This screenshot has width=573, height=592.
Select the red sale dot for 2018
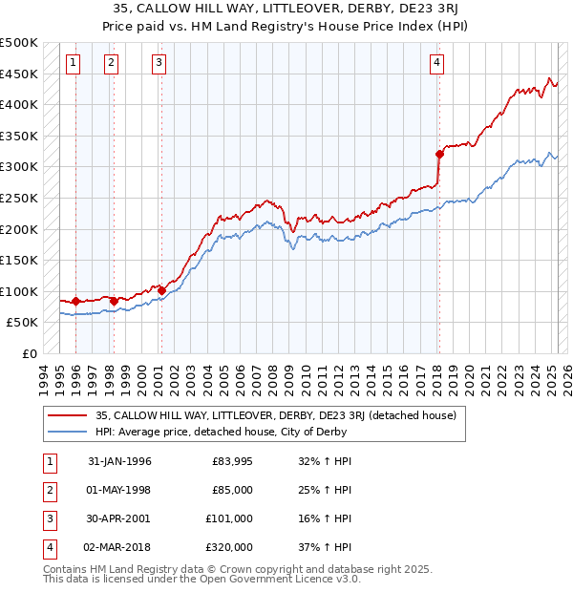439,154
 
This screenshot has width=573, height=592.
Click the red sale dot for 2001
161,290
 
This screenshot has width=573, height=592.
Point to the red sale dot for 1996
75,301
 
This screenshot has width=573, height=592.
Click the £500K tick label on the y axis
19,43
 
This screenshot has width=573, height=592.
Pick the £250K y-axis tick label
19,198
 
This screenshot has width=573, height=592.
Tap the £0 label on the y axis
29,353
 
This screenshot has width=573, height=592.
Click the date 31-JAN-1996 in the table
119,461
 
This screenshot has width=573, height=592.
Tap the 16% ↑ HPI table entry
324,518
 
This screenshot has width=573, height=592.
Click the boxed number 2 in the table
49,490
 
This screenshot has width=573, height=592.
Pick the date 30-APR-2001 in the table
119,518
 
